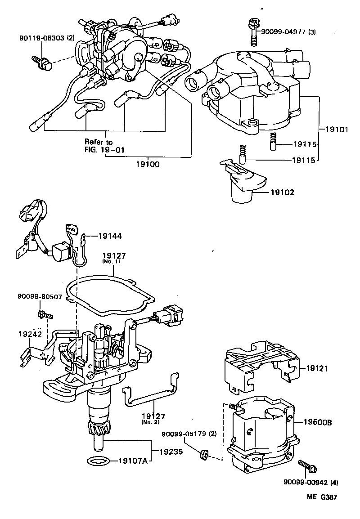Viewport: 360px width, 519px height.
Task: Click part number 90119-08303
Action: [x=41, y=39]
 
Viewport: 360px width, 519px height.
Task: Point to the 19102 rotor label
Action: [x=282, y=192]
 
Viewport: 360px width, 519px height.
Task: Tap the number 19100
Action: [x=147, y=165]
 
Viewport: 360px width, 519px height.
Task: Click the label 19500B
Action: [x=318, y=422]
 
